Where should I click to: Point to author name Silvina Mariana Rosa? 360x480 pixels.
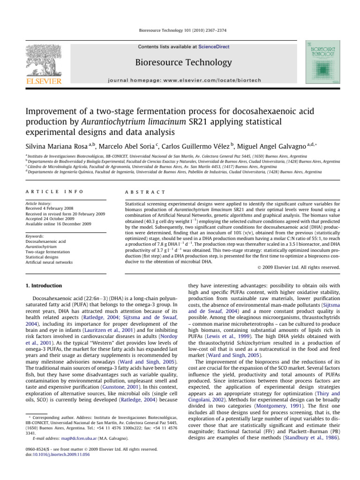coord(52,148)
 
